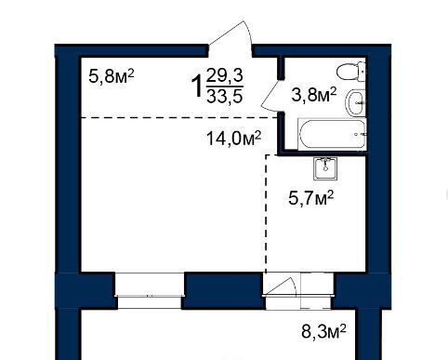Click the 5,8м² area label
[112, 76]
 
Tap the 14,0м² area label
[234, 139]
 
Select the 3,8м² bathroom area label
[314, 95]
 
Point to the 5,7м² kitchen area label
[310, 198]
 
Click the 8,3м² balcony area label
[323, 331]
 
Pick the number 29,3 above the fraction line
[225, 75]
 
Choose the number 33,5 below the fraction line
[225, 97]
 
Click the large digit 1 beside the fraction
[197, 87]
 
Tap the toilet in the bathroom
[351, 72]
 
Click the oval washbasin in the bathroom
[355, 102]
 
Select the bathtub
[332, 134]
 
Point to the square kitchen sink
[325, 168]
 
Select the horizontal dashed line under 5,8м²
[179, 117]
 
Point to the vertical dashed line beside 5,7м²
[267, 213]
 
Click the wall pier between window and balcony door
[223, 290]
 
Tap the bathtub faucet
[361, 134]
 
